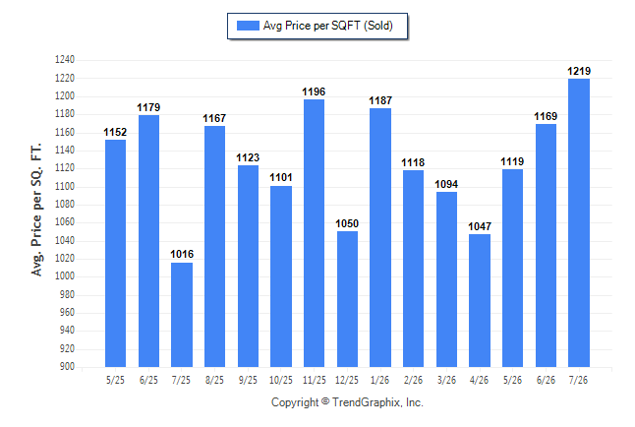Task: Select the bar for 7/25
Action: [182, 315]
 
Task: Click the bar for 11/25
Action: [314, 233]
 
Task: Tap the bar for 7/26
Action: [579, 222]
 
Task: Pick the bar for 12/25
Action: [347, 299]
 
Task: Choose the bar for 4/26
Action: [480, 300]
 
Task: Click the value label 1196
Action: [314, 92]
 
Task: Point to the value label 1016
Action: [182, 254]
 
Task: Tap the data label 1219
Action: [579, 72]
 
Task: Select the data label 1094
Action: [446, 185]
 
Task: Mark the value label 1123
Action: [248, 157]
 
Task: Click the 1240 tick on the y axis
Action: [65, 60]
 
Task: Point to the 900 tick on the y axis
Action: [67, 367]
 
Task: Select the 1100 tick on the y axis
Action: [65, 187]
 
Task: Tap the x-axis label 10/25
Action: [281, 380]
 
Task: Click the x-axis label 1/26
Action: [379, 380]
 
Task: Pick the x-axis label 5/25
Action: [115, 380]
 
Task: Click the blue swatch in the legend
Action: [248, 26]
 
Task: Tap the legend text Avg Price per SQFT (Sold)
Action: [328, 26]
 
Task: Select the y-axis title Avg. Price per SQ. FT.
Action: [36, 210]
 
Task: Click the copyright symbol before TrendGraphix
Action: [325, 401]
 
